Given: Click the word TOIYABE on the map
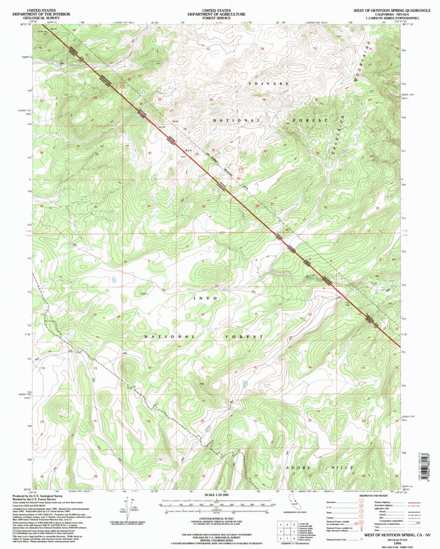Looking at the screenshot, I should click(x=265, y=84).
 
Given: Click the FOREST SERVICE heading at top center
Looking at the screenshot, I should click(x=219, y=16).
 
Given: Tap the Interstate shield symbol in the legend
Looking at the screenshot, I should click(x=361, y=502).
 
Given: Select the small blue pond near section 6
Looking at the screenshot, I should click(x=114, y=280).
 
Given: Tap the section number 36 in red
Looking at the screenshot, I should click(x=96, y=206).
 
